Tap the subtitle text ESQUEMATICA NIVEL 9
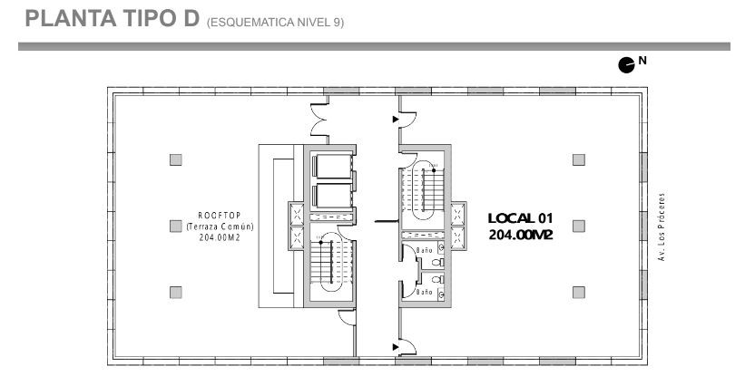coord(275,23)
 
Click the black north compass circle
coord(626,65)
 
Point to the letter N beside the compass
coord(642,60)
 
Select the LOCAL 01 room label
coord(521,218)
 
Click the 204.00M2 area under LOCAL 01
coord(521,235)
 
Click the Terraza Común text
coord(220,227)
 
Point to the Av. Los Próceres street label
coord(661,227)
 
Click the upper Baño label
coord(425,249)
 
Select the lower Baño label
coord(425,292)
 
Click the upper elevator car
coord(334,167)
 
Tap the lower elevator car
coord(334,196)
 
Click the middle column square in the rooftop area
coord(176,227)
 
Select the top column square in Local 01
coord(578,159)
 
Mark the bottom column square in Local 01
coord(578,292)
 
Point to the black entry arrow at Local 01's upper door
coord(396,120)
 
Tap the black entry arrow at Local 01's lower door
coord(396,347)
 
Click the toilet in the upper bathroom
coord(437,262)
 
